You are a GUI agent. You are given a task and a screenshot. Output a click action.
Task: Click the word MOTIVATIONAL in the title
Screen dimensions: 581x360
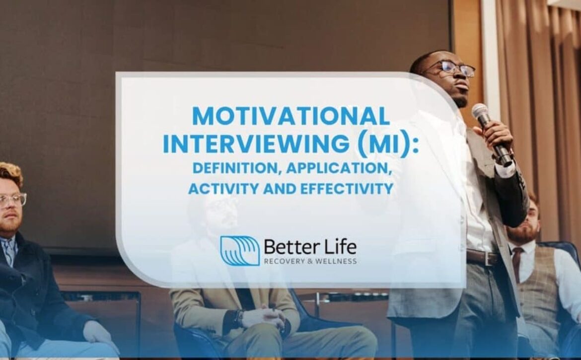click(291, 116)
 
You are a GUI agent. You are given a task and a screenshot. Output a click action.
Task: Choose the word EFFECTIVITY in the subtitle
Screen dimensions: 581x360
click(347, 189)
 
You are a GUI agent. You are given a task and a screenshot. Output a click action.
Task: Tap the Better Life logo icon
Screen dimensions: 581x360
click(240, 251)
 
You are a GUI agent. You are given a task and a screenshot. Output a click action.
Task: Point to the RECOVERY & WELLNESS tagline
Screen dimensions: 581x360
click(310, 261)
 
